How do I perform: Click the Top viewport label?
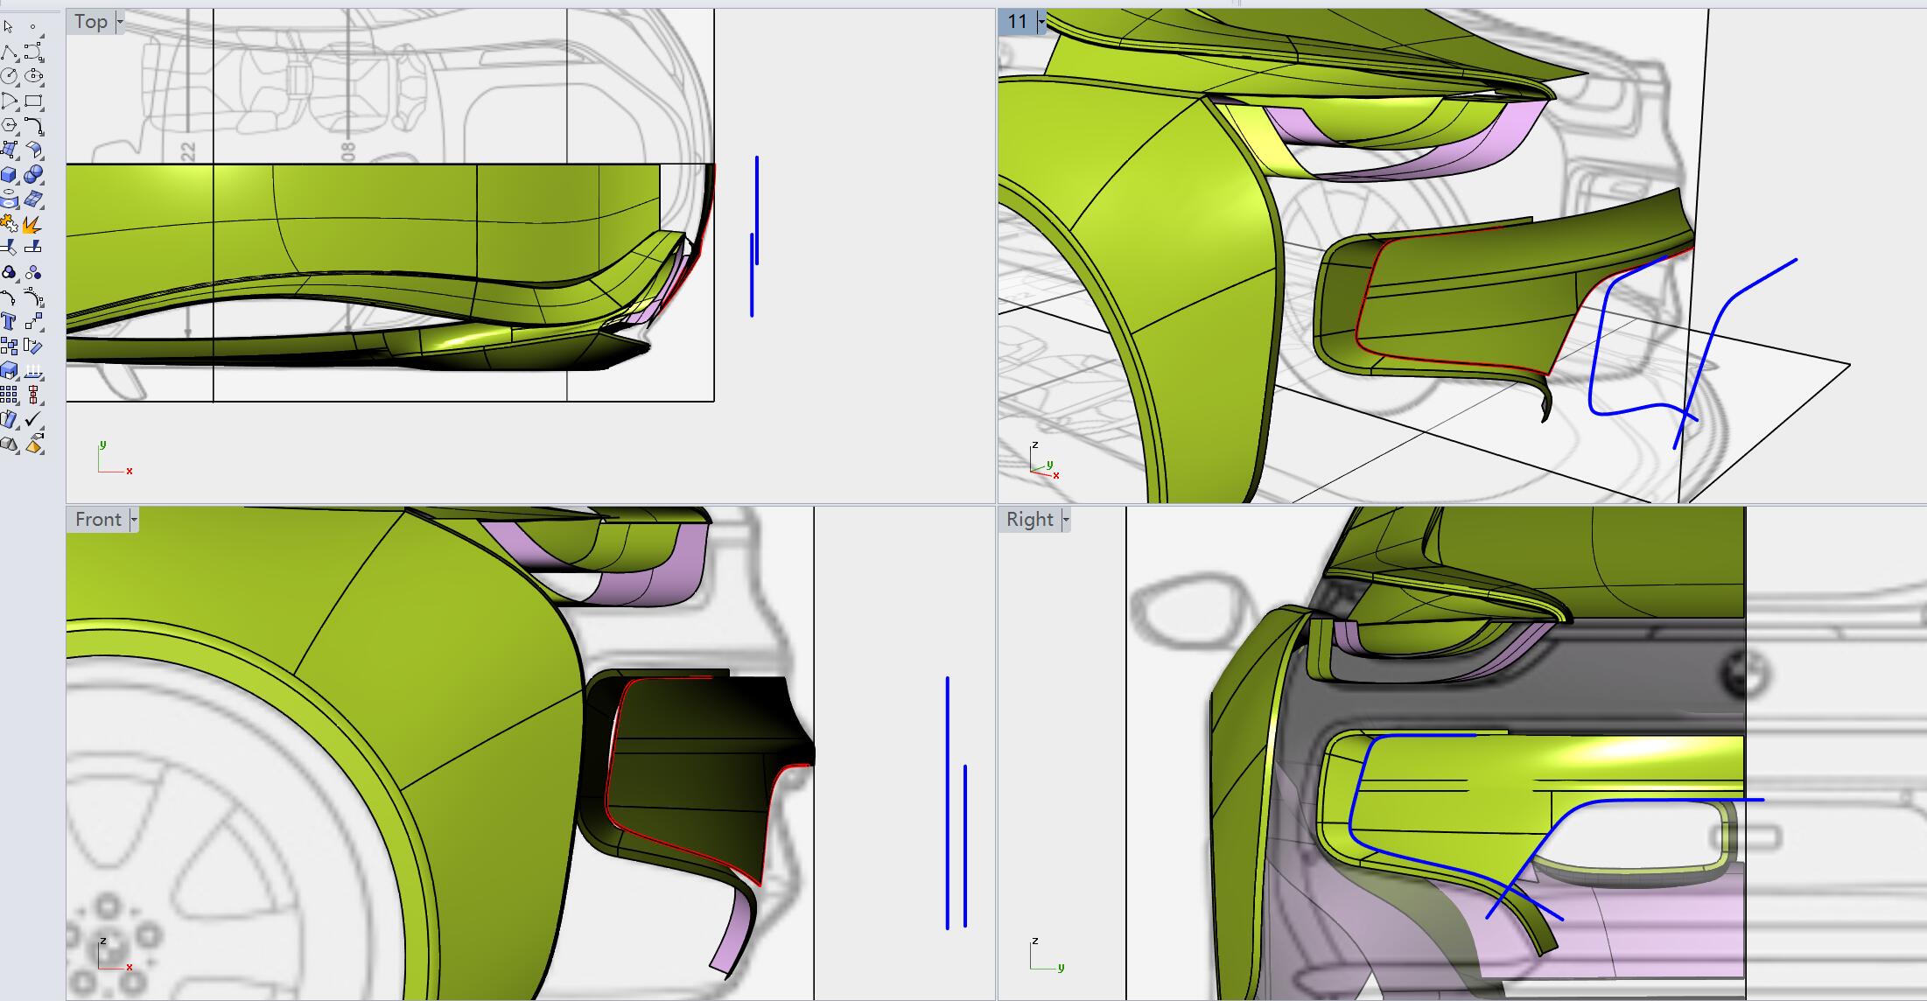[90, 22]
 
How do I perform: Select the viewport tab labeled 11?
[1017, 22]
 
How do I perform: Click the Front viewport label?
[98, 520]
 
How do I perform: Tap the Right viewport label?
[1030, 520]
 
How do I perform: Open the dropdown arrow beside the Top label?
[120, 22]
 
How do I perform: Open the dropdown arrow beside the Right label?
[1065, 520]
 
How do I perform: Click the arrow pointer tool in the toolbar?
[9, 27]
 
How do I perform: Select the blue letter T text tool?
[9, 322]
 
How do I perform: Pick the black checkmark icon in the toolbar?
[33, 420]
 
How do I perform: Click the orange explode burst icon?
[32, 225]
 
